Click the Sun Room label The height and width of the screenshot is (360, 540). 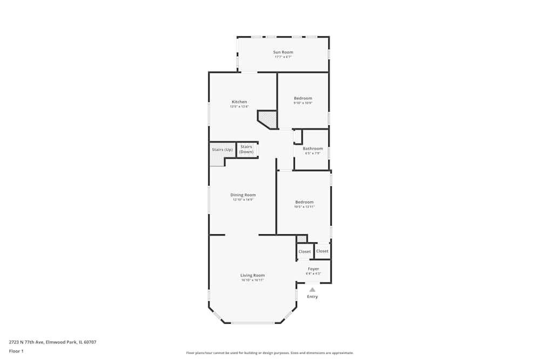pos(283,52)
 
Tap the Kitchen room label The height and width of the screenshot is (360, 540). pos(239,102)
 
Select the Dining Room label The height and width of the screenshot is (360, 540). pos(243,195)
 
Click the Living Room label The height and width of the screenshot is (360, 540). pos(252,275)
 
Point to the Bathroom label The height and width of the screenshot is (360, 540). pos(313,148)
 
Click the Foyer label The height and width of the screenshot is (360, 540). pos(313,269)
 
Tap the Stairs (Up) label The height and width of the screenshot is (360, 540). pos(222,150)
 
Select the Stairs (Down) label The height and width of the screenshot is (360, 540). pos(246,149)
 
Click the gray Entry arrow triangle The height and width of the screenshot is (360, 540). pos(312,290)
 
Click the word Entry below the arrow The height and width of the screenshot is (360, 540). pos(312,297)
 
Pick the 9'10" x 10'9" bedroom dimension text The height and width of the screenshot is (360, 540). pos(303,103)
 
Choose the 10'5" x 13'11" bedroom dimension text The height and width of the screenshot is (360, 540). pos(304,207)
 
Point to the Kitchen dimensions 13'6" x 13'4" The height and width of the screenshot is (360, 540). pos(239,107)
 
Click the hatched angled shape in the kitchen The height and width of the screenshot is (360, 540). pos(268,118)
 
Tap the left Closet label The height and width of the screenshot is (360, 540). pos(305,252)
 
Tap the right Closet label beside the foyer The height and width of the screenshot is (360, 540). pos(322,251)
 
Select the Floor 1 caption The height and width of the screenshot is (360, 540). pos(16,351)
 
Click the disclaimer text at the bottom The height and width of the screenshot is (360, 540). pos(269,353)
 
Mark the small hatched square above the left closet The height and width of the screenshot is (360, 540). pos(301,239)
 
